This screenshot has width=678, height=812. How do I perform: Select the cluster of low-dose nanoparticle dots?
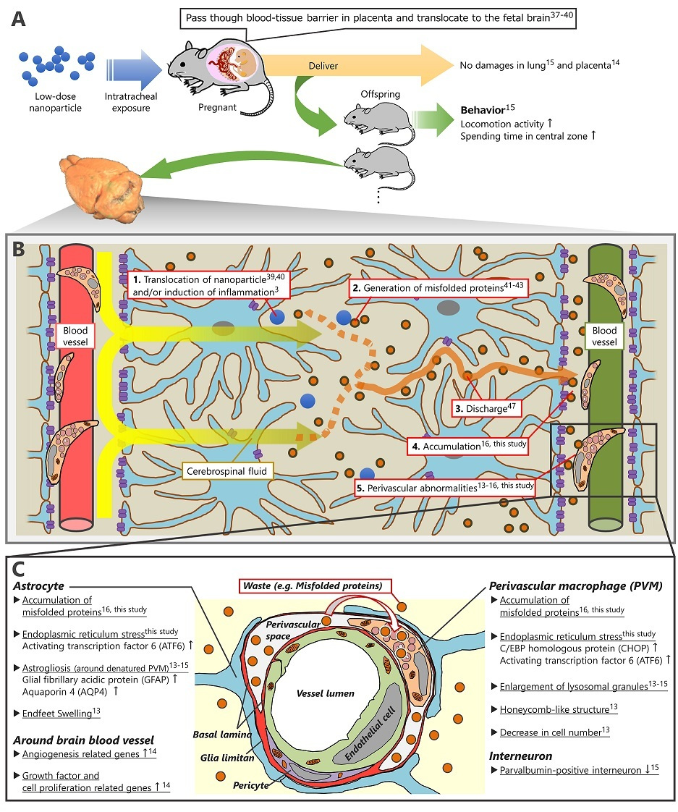(59, 66)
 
